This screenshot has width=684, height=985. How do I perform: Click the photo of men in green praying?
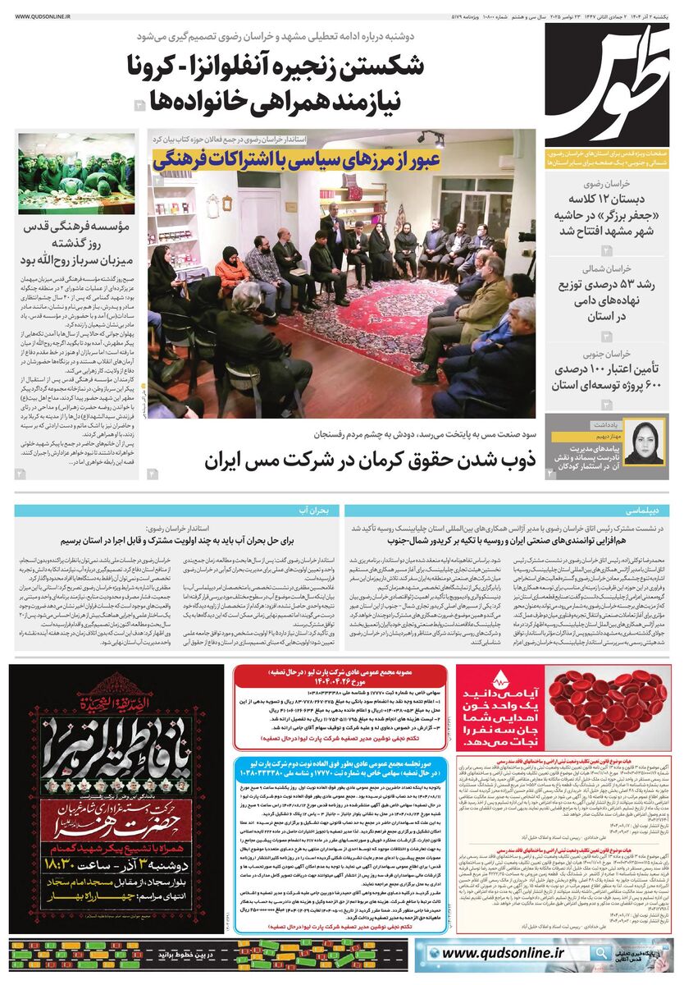pyautogui.click(x=76, y=173)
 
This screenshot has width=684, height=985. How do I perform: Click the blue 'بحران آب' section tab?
pyautogui.click(x=320, y=510)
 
